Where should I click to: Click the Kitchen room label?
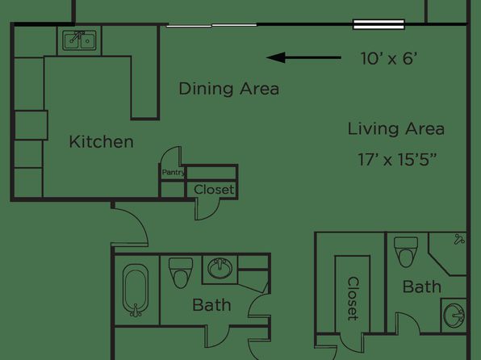coord(101,142)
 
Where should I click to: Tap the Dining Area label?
coord(229,89)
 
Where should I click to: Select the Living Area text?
coord(396,128)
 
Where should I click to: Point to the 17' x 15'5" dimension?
coord(397,160)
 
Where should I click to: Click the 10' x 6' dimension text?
coord(389,58)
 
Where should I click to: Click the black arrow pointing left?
coord(303,57)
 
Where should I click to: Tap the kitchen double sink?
coord(79,40)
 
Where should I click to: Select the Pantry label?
coord(174,172)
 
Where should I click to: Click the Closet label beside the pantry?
coord(214,190)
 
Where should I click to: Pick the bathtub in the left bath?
coord(136,290)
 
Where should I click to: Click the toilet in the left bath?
coord(181,273)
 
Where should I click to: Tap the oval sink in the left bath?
coord(220,268)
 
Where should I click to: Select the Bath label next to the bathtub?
coord(211,305)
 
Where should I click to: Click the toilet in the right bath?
coord(406,252)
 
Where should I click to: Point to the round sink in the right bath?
coord(454,315)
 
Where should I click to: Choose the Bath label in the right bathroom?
coord(422,287)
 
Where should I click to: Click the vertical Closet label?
coord(353,299)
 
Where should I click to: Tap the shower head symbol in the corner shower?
coord(459,240)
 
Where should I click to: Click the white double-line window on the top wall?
coord(379,24)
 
